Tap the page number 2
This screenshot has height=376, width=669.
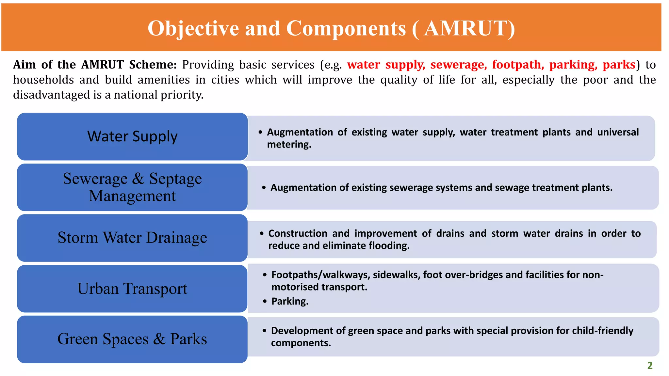tap(650, 365)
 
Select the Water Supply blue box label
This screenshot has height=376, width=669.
tap(132, 136)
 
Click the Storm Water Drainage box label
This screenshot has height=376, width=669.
tap(132, 238)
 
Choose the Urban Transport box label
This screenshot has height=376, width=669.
tap(132, 289)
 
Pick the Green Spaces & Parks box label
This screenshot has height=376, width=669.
tap(132, 339)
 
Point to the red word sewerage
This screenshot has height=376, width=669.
tap(458, 65)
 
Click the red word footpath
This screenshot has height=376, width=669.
tap(518, 65)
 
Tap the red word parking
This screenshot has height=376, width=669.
tap(573, 65)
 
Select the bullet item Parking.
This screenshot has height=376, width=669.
tap(290, 301)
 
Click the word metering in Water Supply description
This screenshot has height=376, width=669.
tap(289, 144)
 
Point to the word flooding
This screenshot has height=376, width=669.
tap(389, 245)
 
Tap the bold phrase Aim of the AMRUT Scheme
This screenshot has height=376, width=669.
tap(95, 65)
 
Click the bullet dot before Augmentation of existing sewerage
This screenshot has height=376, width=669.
tap(264, 188)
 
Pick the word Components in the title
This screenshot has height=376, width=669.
tap(346, 28)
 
